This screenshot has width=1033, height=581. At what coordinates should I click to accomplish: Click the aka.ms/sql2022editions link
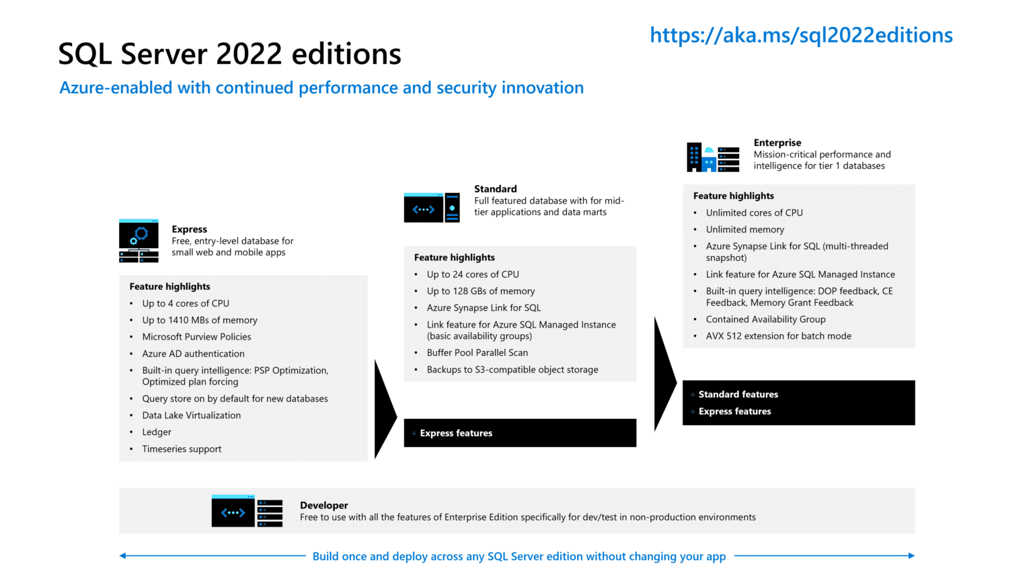(800, 35)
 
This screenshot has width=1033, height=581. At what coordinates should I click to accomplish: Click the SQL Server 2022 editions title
(229, 54)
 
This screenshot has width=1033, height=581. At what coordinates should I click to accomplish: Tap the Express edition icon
(139, 241)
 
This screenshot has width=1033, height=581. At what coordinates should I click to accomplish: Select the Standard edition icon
(432, 208)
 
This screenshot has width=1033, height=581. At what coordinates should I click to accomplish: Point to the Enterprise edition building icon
(712, 157)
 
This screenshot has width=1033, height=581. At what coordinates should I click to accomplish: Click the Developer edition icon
(247, 511)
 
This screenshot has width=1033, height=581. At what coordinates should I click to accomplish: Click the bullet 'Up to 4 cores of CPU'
(186, 303)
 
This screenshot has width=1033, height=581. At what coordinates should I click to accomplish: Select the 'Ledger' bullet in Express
(157, 432)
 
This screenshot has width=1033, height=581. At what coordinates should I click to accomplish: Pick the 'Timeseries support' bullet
(182, 449)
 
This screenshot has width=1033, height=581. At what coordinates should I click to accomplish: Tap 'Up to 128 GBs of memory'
(481, 290)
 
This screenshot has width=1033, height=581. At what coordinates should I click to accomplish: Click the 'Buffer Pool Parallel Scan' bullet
(477, 352)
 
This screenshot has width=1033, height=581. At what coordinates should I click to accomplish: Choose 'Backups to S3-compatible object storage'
(512, 369)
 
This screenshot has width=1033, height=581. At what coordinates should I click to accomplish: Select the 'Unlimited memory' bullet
(744, 229)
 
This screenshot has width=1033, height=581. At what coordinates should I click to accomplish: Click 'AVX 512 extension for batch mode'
(778, 336)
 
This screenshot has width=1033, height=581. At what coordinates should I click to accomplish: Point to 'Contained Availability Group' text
(765, 319)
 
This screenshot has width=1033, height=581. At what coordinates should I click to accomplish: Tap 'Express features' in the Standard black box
(456, 433)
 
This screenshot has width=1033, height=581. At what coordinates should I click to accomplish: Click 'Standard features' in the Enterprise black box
(738, 394)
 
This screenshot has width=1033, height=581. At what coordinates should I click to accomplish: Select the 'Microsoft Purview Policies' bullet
(196, 336)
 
